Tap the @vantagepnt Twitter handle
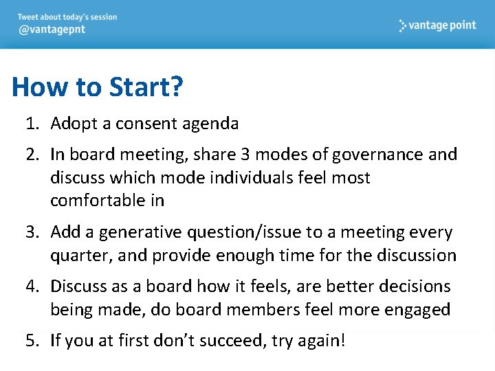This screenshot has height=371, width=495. [52, 30]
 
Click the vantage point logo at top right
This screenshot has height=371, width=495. [437, 25]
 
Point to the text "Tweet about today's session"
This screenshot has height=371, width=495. [67, 17]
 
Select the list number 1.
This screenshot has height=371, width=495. [30, 124]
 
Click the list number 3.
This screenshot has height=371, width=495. [30, 232]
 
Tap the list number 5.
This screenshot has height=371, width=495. [30, 340]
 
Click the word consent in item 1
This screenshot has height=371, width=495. [145, 124]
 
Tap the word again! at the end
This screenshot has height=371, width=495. [322, 341]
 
